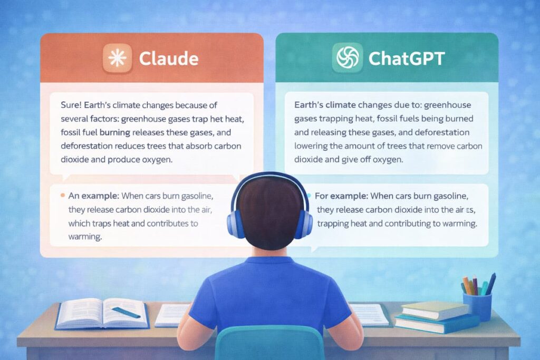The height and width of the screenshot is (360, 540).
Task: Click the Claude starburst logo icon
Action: [x=115, y=59]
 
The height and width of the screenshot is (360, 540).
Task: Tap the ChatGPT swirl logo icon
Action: [x=346, y=59]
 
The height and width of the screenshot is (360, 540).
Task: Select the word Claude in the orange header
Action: [x=168, y=59]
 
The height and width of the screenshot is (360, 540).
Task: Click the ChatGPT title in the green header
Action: [x=407, y=59]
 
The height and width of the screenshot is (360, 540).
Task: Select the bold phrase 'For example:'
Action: [x=341, y=196]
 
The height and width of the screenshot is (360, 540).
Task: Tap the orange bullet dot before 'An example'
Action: [x=63, y=195]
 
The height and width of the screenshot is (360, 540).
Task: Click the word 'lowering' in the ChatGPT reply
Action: [x=311, y=145]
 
